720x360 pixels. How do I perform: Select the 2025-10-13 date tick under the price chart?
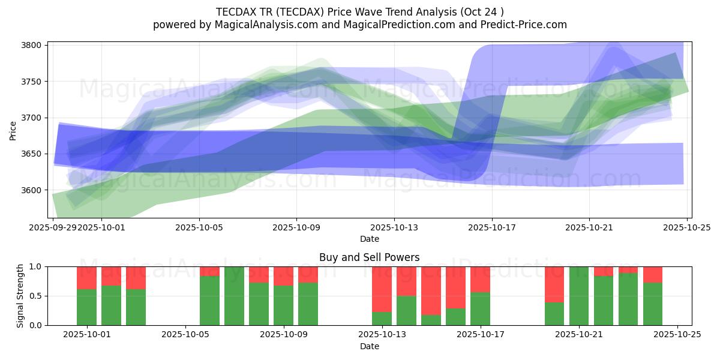(394, 227)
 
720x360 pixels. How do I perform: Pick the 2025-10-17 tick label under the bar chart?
(480, 335)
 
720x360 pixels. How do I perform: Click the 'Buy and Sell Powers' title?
(369, 257)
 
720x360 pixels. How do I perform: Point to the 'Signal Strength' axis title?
(20, 296)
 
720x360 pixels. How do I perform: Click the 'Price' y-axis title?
(13, 130)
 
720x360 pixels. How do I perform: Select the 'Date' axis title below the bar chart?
(369, 346)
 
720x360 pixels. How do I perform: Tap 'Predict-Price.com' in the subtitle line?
(526, 25)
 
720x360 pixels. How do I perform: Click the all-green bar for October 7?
(234, 296)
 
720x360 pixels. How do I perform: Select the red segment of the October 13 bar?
(382, 289)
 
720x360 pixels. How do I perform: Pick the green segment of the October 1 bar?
(87, 307)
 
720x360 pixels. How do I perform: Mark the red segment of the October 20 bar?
(554, 284)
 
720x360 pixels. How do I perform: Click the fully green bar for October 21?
(579, 296)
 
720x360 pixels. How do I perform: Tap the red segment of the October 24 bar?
(653, 274)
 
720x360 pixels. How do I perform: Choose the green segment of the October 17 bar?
(480, 308)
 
